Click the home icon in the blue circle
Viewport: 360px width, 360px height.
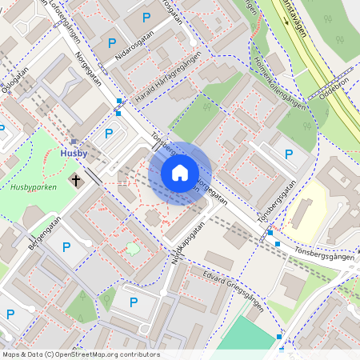180,172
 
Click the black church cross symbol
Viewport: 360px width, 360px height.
78,180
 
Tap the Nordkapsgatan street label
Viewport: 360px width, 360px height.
186,242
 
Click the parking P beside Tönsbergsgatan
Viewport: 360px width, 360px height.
289,153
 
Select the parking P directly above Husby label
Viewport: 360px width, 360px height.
109,133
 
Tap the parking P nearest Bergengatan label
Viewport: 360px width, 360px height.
66,247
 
